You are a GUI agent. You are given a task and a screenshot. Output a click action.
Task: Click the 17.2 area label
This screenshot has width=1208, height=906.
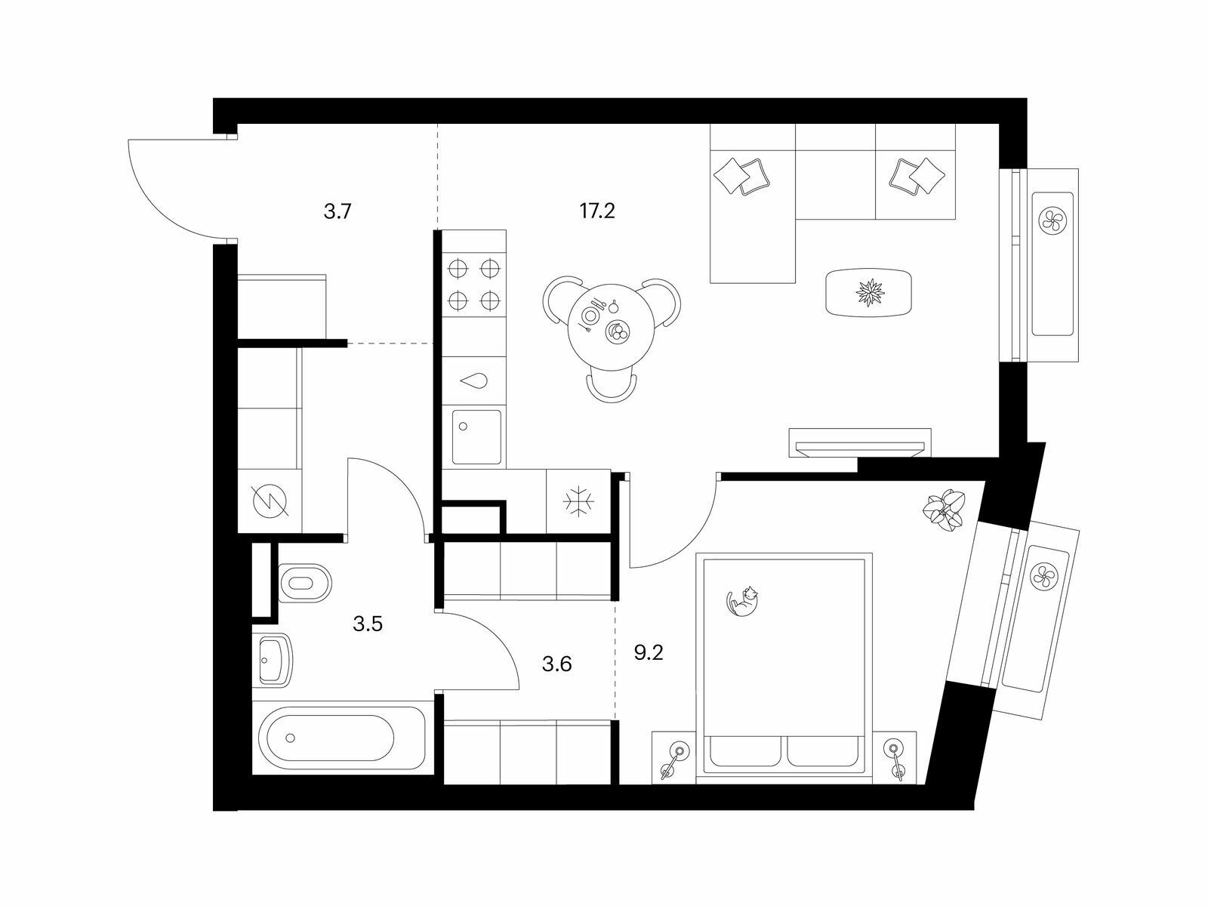(x=597, y=211)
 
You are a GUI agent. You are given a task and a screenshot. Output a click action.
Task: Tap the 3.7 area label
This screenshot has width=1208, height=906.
(x=337, y=211)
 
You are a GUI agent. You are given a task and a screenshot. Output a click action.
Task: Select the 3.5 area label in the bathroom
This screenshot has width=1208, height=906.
(x=368, y=624)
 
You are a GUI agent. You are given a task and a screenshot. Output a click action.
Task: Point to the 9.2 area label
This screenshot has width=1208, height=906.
(x=649, y=653)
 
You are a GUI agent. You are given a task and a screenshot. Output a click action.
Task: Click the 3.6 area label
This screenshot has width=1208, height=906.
(x=557, y=664)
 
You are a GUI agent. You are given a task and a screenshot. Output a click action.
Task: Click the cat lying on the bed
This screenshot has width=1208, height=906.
(x=742, y=601)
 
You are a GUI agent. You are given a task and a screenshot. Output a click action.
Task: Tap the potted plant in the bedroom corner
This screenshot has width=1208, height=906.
(x=943, y=510)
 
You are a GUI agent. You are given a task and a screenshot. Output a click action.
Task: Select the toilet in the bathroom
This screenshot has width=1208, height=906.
(x=305, y=583)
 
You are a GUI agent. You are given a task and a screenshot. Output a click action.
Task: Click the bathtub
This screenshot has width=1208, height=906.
(x=339, y=738)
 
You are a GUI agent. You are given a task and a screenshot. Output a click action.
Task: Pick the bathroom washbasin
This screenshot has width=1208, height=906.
(x=273, y=660)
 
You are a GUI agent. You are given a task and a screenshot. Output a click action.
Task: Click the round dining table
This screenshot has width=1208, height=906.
(x=612, y=328)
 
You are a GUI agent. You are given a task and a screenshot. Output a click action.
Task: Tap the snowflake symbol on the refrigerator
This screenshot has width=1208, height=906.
(x=578, y=501)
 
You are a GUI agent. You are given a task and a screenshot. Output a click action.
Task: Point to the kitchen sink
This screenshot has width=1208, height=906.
(x=476, y=438)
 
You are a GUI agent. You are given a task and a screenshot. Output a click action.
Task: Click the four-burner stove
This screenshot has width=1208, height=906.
(x=474, y=285)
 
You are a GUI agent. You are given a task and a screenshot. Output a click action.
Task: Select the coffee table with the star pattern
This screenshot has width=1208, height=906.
(x=868, y=292)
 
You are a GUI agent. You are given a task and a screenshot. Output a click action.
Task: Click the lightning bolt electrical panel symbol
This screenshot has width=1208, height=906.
(x=270, y=502)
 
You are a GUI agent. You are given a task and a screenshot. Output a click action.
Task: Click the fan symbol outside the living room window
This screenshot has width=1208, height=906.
(x=1052, y=220)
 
